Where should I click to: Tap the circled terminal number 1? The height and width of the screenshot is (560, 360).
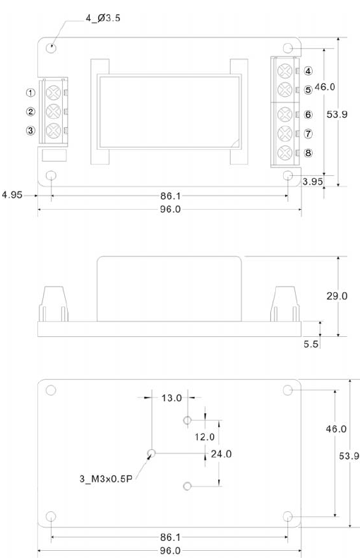coord(30,93)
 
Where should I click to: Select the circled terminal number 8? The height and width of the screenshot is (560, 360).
coord(308,153)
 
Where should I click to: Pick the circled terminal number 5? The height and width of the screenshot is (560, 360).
coord(308,90)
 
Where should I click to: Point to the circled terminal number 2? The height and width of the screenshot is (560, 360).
coord(30,112)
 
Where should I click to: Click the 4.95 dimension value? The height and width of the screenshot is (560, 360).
coord(13,194)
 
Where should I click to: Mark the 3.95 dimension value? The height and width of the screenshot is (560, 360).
coord(313,181)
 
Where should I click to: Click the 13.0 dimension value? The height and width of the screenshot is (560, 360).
coord(172,398)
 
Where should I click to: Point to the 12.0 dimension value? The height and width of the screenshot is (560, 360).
coord(205,436)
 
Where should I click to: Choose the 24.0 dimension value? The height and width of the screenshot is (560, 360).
coord(222,453)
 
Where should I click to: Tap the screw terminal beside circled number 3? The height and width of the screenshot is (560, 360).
coord(52,130)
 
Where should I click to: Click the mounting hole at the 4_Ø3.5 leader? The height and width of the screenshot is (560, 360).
coord(52,48)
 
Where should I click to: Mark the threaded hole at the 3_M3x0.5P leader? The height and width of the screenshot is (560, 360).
coord(151,453)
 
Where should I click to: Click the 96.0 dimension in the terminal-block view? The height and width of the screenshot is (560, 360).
coord(170,209)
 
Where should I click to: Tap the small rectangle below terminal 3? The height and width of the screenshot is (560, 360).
coord(54,155)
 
